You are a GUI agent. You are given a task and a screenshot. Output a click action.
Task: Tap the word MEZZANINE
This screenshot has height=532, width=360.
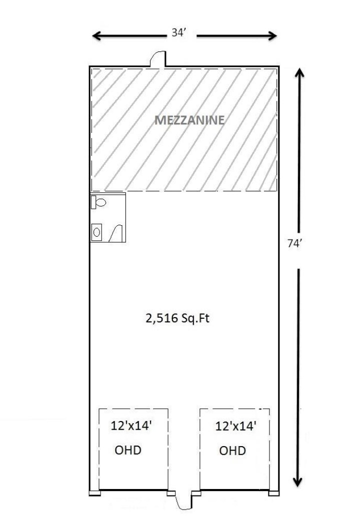[189, 120]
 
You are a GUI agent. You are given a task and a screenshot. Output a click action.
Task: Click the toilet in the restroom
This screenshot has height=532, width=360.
[100, 202]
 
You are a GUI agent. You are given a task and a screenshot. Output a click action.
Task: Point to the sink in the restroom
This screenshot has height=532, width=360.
[97, 232]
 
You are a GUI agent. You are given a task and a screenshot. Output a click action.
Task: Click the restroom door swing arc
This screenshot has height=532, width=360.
[117, 233]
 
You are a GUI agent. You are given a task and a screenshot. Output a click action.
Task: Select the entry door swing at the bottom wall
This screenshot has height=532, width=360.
[183, 502]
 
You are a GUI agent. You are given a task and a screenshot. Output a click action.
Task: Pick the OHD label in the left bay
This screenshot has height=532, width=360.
[128, 450]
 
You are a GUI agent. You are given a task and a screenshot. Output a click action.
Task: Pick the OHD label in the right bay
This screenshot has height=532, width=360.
[232, 451]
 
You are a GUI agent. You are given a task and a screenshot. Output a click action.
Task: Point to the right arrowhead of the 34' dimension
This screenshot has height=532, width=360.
[273, 35]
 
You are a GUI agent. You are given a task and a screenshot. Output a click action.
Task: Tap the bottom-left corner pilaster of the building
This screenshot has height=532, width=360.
[94, 493]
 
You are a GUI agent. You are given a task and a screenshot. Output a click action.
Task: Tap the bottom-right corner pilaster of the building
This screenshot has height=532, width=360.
[273, 493]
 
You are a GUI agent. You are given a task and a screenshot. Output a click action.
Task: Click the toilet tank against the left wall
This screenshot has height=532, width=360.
[93, 202]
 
